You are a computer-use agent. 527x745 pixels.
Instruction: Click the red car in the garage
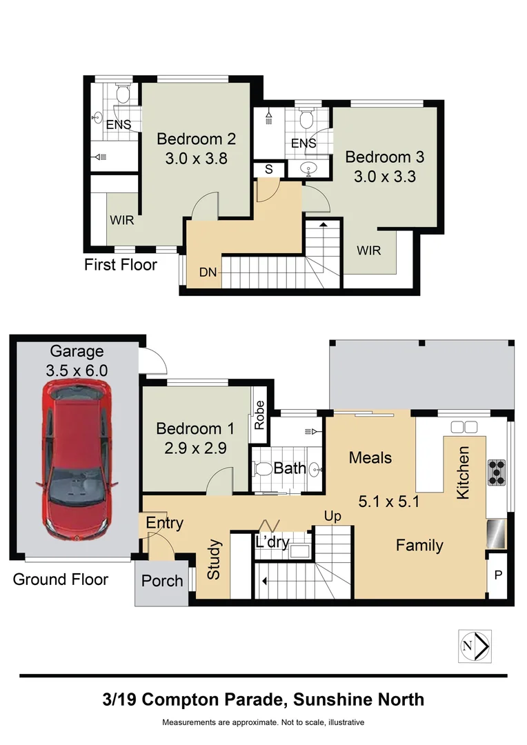tap(77, 460)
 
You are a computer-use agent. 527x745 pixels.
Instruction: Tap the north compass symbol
tap(475, 646)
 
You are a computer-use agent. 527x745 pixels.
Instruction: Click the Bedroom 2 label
tap(197, 139)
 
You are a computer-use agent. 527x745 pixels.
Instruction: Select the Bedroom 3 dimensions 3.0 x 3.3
tap(385, 177)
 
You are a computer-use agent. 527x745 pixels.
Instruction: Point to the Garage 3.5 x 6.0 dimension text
tap(77, 370)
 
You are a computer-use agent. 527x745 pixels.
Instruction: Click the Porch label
tap(162, 581)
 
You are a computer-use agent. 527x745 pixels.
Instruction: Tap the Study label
tap(214, 559)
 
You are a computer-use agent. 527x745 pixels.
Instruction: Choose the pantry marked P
tap(498, 575)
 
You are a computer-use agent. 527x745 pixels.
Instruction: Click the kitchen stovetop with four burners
tap(497, 473)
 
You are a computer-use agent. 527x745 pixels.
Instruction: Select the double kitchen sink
tap(464, 427)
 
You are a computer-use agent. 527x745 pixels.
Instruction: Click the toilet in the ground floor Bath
tap(261, 470)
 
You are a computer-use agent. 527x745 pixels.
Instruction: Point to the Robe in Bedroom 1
tap(259, 415)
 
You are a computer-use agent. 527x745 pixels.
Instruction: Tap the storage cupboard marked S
tap(268, 169)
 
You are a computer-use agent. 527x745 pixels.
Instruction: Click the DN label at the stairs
tap(208, 272)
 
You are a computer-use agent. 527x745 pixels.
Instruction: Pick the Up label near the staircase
tap(332, 517)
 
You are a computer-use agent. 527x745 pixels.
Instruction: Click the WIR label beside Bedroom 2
tap(121, 220)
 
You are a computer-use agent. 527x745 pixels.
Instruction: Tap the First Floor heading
tap(121, 265)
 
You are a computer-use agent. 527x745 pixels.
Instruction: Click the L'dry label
tap(272, 542)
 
